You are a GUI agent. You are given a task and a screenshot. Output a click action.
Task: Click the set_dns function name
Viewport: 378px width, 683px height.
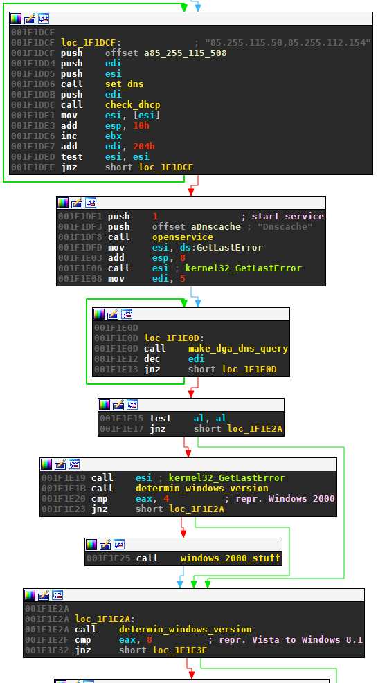(x=124, y=84)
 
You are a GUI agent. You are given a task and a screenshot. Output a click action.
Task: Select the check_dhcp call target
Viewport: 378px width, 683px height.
(x=132, y=105)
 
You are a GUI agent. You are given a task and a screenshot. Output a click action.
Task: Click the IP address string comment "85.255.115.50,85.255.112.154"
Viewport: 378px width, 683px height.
(x=288, y=42)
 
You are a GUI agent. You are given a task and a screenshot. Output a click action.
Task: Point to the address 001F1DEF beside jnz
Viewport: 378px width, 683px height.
(x=33, y=167)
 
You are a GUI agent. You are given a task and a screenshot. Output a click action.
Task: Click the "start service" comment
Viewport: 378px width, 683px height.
(x=288, y=217)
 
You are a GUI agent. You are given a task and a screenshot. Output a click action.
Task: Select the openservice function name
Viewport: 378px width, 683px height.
(x=183, y=237)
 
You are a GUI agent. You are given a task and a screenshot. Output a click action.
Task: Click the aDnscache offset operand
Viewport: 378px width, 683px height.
(x=216, y=227)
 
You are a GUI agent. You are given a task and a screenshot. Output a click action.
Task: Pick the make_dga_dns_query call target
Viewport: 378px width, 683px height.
(x=238, y=349)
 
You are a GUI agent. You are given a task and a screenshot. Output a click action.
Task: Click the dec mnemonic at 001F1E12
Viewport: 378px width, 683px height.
(x=152, y=359)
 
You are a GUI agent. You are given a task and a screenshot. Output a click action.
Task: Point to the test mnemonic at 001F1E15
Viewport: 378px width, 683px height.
(x=161, y=419)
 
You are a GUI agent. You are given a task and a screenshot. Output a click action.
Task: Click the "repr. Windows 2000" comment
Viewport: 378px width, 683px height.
(x=301, y=499)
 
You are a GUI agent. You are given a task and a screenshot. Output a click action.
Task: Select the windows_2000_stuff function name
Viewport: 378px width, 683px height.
(x=231, y=558)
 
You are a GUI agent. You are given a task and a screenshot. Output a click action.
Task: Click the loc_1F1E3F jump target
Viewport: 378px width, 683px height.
(x=180, y=650)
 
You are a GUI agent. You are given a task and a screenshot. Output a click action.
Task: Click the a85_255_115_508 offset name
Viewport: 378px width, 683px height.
(x=186, y=53)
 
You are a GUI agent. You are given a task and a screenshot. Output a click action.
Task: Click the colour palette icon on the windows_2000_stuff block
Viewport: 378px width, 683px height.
(x=91, y=545)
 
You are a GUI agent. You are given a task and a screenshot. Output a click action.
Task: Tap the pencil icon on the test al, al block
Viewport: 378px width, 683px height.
(x=118, y=405)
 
